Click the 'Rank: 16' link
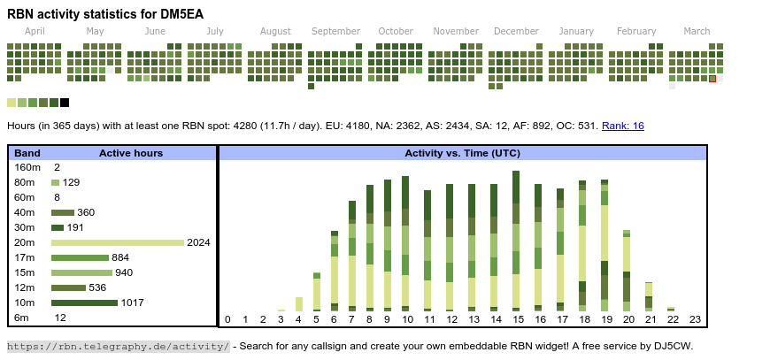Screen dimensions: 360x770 (623, 126)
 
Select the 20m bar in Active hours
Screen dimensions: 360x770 (118, 242)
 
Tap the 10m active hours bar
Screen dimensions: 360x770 (84, 303)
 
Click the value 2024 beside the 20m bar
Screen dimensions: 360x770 (198, 242)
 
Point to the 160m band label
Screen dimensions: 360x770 (27, 167)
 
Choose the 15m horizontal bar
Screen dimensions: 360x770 (81, 272)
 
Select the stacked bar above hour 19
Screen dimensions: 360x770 (604, 245)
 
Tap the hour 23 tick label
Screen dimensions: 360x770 (695, 319)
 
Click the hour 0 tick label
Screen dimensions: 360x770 (227, 319)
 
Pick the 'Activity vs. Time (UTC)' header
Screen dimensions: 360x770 (462, 153)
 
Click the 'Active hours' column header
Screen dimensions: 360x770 (131, 153)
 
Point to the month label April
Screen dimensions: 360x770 (35, 31)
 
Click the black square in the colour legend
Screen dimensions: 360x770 (65, 103)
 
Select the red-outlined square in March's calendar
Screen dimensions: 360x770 (712, 79)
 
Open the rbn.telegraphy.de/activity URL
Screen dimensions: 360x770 (119, 346)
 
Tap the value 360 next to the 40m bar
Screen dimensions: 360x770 (86, 212)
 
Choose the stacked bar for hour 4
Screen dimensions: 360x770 (299, 303)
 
